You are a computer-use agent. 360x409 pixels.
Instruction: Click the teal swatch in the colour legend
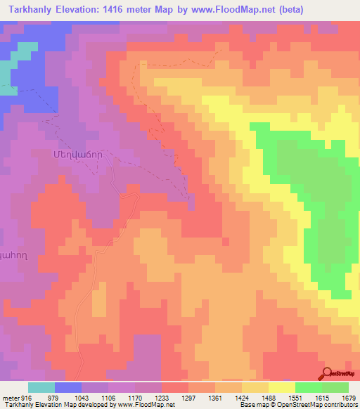point(41,387)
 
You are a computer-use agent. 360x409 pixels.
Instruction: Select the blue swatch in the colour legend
point(68,387)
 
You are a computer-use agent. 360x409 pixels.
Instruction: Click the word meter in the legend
point(9,398)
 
